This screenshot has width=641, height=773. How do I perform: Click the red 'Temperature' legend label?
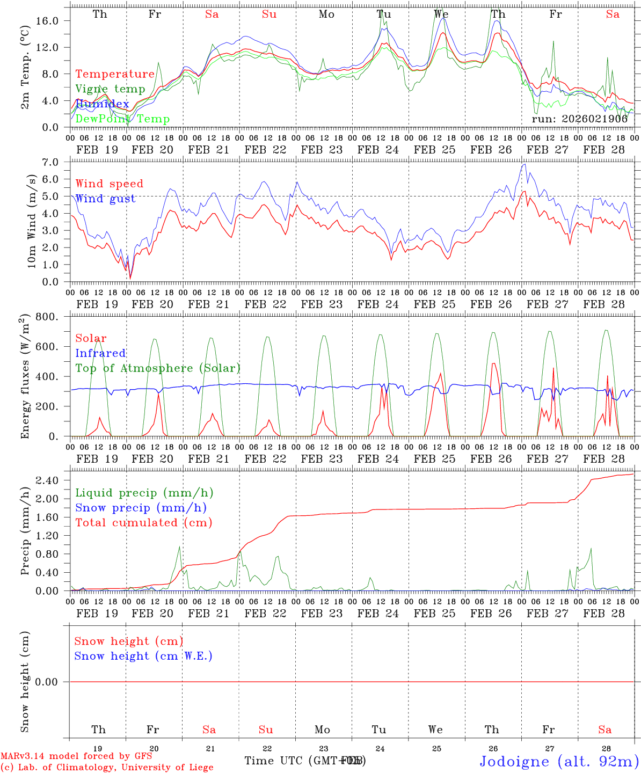click(115, 74)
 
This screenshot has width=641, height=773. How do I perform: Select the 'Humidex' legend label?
click(103, 104)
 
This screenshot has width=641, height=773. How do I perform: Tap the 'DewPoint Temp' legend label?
click(122, 119)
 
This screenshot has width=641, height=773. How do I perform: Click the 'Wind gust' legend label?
click(106, 199)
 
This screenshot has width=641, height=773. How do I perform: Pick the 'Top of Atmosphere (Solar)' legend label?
click(158, 368)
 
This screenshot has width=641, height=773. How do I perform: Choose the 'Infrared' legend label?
click(100, 353)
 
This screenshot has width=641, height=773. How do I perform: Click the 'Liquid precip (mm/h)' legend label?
click(144, 493)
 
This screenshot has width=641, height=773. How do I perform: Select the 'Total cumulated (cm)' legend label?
click(143, 522)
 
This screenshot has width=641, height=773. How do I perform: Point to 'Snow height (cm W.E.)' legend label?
click(143, 656)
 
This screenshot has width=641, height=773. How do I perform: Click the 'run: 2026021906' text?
click(579, 119)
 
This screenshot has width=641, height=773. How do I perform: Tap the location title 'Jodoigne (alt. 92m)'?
click(559, 761)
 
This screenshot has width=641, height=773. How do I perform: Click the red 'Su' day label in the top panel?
click(269, 14)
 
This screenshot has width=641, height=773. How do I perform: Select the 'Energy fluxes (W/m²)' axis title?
click(24, 377)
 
